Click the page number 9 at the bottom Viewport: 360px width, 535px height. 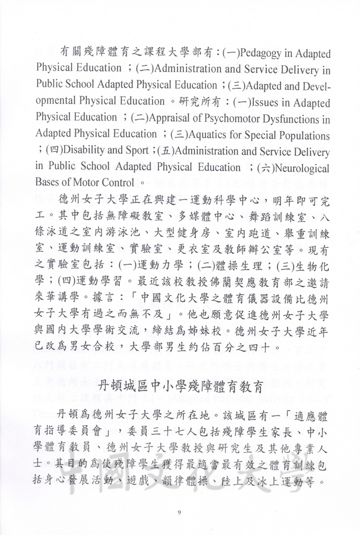click(179, 511)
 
